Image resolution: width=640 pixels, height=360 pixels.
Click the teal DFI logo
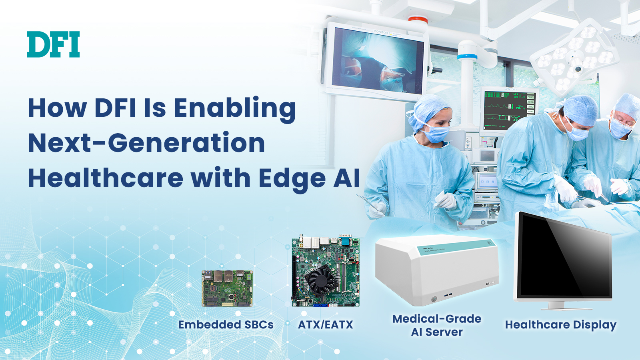[x=54, y=44]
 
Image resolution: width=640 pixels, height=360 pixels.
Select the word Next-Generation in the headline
[x=146, y=143]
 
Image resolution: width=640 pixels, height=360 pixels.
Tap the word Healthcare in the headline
[x=106, y=178]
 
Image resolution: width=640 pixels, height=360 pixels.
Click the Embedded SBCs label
[x=226, y=324]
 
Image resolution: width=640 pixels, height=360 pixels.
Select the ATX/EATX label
[x=326, y=324]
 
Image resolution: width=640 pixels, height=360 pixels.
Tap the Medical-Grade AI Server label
[x=437, y=326]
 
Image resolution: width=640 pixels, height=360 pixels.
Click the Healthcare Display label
[x=560, y=325]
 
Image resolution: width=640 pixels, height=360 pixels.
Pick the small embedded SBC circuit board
[x=227, y=288]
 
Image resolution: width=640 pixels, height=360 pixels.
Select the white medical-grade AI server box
[x=437, y=270]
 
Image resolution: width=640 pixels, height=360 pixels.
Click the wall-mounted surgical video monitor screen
[x=377, y=61]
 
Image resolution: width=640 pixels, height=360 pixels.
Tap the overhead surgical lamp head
[x=574, y=55]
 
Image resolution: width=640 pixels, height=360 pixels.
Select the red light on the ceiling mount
[x=418, y=20]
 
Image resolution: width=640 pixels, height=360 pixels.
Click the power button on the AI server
[x=434, y=299]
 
